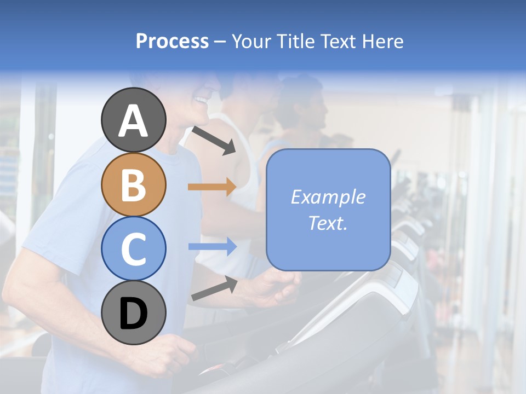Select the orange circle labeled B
tap(133, 184)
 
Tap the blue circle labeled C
tap(133, 249)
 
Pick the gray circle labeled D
tap(133, 313)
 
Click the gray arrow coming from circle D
tap(214, 288)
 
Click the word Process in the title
tap(172, 42)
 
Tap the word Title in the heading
tap(294, 42)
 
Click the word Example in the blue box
tap(328, 197)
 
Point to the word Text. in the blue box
tap(328, 223)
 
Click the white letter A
tap(133, 121)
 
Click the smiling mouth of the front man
tap(202, 101)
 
